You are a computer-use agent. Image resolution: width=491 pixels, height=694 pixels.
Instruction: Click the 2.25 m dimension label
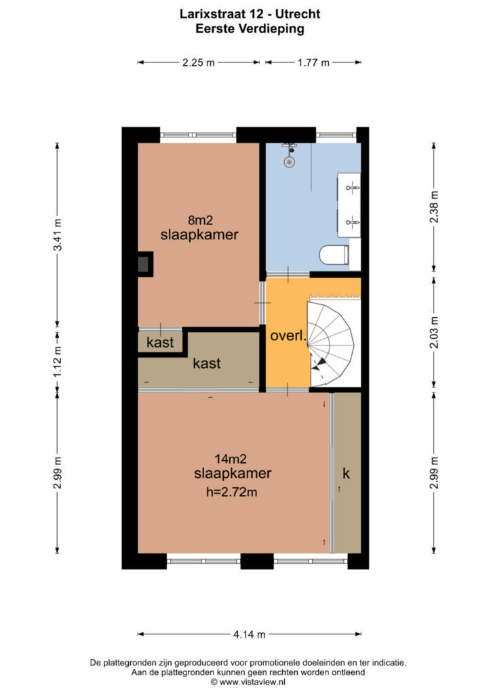tap(198, 62)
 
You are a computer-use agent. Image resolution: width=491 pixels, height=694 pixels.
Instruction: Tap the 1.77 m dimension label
tap(313, 62)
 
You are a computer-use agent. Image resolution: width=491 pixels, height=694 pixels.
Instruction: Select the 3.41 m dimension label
tap(58, 234)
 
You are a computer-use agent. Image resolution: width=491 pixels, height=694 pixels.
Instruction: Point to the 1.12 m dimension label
tap(58, 361)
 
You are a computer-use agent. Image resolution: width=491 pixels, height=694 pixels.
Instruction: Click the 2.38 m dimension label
tap(434, 206)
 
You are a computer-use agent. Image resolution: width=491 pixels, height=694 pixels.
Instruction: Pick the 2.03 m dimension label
tap(434, 332)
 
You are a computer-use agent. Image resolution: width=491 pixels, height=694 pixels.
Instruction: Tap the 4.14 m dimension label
tap(250, 634)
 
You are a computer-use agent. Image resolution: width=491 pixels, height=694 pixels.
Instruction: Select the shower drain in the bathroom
tap(289, 162)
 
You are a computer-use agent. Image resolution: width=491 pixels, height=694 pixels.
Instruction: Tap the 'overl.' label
tap(288, 336)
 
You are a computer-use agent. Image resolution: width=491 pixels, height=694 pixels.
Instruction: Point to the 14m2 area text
tap(230, 459)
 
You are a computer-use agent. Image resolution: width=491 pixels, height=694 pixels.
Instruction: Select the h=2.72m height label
tap(231, 492)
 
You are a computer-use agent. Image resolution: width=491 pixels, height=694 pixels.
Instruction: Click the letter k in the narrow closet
tap(347, 473)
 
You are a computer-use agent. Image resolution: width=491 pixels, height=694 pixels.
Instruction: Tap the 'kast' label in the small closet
tap(160, 342)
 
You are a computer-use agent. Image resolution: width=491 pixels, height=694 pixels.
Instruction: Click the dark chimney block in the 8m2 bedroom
tap(144, 264)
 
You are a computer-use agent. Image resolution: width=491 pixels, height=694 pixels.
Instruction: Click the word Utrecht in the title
tap(298, 14)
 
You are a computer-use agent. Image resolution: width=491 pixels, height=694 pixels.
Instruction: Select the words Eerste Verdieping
tap(250, 28)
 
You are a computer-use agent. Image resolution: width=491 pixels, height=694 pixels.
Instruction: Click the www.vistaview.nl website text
tap(252, 682)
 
